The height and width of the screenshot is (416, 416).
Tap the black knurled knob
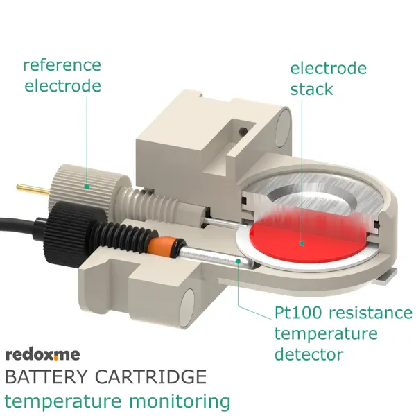(x=72, y=230)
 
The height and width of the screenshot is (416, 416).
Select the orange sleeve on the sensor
(x=161, y=247)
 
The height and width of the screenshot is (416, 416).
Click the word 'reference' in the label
(x=62, y=65)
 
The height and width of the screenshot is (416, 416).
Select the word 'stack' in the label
(x=311, y=89)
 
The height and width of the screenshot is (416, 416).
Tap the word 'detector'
(x=309, y=354)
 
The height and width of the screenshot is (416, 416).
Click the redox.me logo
(x=42, y=354)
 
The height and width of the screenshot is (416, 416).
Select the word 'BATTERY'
(x=46, y=376)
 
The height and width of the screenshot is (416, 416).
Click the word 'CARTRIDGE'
(x=150, y=376)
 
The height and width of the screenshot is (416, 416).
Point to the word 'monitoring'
(x=180, y=402)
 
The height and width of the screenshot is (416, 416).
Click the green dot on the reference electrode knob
(x=87, y=187)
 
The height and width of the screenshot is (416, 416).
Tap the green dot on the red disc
(x=302, y=243)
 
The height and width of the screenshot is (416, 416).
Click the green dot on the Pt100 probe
(x=238, y=261)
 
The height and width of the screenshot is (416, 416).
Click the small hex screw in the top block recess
(x=242, y=130)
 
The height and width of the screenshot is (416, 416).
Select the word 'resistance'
(x=371, y=313)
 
